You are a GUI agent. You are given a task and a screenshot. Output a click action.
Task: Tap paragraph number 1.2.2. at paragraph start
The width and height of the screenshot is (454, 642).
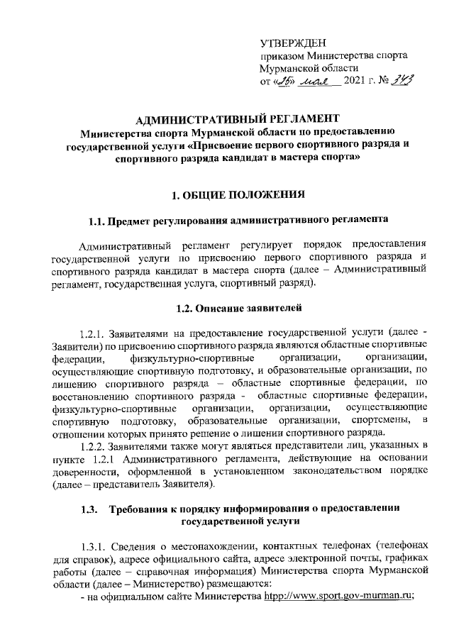click(94, 445)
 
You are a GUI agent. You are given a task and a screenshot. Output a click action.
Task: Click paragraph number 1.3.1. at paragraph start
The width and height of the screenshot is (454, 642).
click(94, 546)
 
